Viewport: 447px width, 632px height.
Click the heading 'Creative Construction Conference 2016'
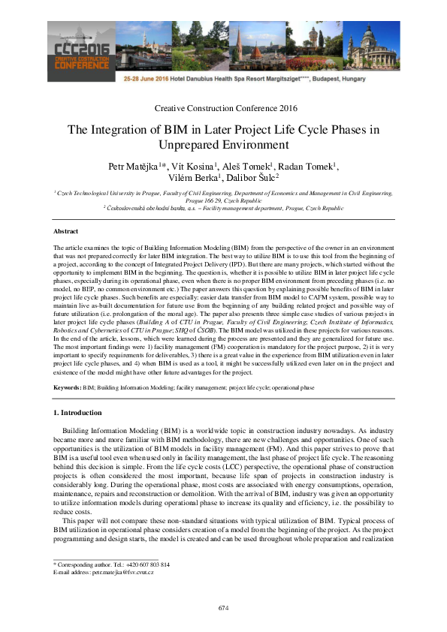click(223, 109)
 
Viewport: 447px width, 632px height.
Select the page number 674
click(223, 607)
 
